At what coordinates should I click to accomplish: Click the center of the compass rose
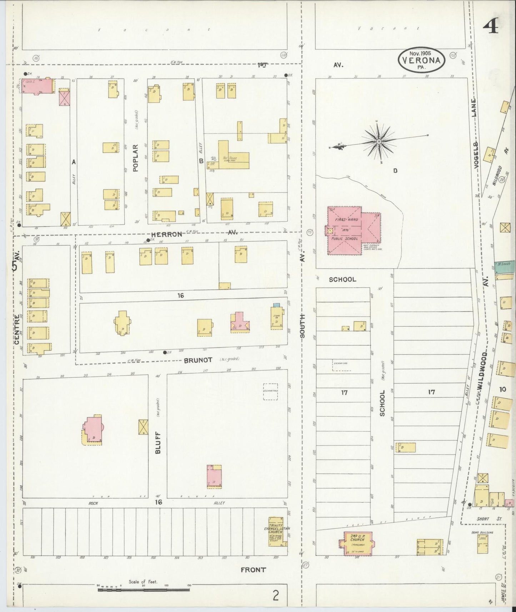point(379,142)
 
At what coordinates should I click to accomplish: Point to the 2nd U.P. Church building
point(356,543)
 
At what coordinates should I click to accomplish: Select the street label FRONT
point(253,570)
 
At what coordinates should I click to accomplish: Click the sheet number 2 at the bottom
point(275,596)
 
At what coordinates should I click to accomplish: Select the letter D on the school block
point(395,171)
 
